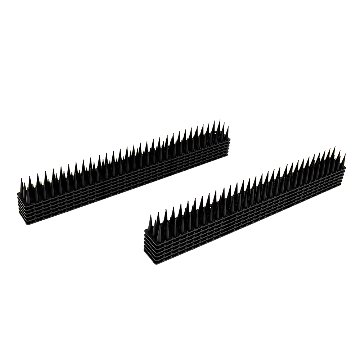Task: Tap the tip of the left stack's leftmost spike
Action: point(21,178)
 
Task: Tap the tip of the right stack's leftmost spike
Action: point(148,215)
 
